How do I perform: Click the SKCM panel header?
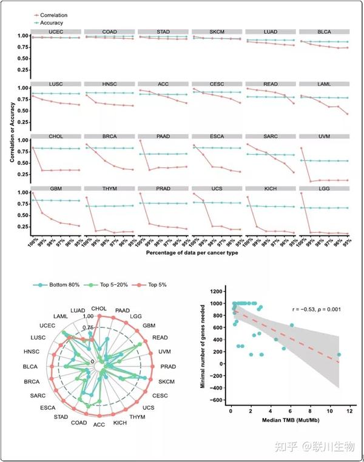pyautogui.click(x=217, y=31)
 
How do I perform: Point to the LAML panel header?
pyautogui.click(x=324, y=83)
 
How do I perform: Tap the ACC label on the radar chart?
pyautogui.click(x=99, y=425)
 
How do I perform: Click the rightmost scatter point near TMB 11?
pyautogui.click(x=339, y=355)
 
